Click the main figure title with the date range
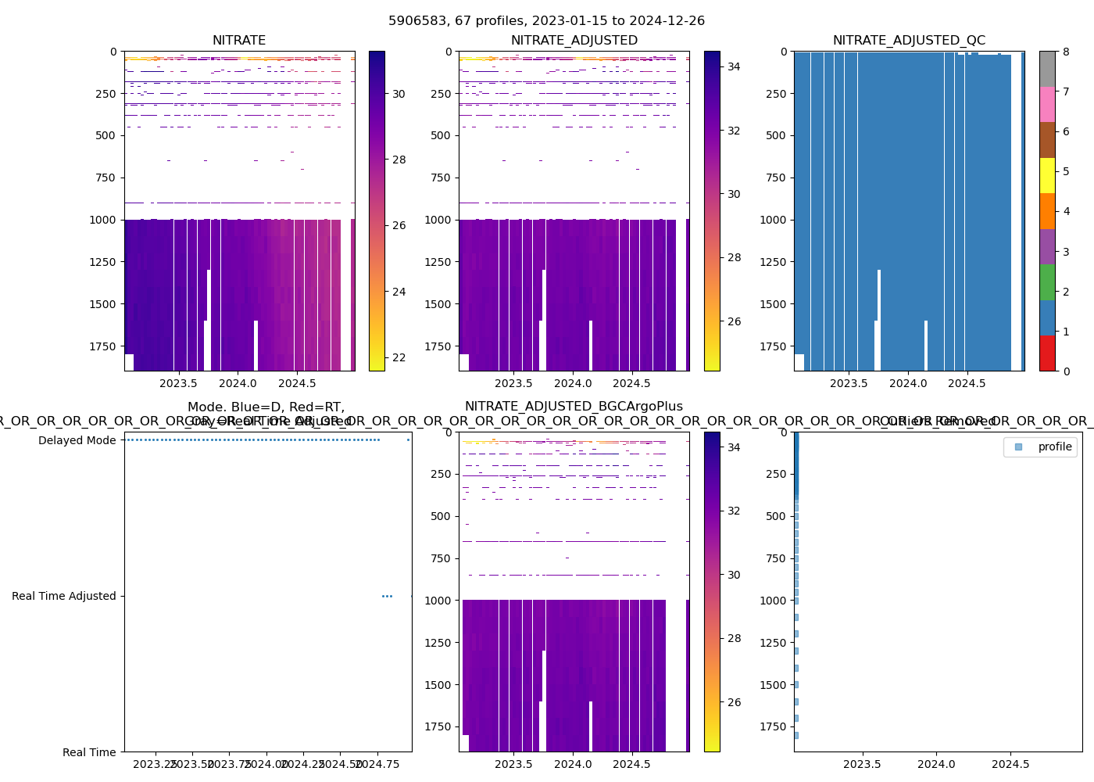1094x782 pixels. [x=546, y=21]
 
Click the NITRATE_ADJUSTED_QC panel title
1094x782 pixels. [x=909, y=41]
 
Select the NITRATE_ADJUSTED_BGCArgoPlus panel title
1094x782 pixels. [x=574, y=407]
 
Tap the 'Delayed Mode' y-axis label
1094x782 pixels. [x=77, y=440]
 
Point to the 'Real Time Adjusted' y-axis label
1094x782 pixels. [x=64, y=596]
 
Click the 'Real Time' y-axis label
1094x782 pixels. [x=89, y=752]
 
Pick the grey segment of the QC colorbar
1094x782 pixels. [x=1047, y=69]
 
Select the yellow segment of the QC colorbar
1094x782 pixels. [x=1047, y=175]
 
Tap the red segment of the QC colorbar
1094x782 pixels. [x=1047, y=353]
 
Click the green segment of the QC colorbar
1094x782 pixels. [x=1047, y=282]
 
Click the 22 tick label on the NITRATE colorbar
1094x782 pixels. [x=399, y=358]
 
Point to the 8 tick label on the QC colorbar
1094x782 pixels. [x=1065, y=52]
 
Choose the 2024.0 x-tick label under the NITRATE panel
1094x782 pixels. [x=238, y=383]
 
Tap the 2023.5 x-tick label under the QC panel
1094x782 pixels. [x=849, y=383]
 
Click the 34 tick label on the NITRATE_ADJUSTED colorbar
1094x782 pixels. [x=734, y=66]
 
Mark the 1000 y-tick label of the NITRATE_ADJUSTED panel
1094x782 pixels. [x=438, y=220]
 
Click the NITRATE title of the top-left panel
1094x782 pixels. [x=239, y=41]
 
